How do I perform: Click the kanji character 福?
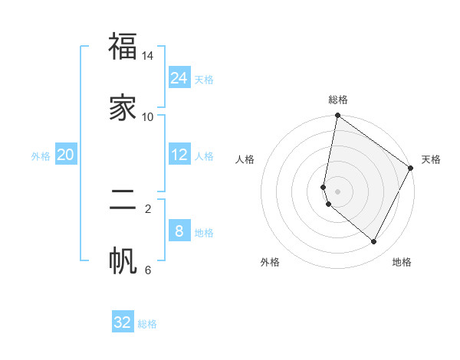pos(123,47)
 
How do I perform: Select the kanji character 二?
pos(123,208)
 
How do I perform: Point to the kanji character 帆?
pos(123,261)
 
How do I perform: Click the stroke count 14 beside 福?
pos(148,57)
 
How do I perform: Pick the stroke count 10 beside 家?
pos(148,116)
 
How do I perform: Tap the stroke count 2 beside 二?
pos(148,208)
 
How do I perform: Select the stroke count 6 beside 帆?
pos(148,270)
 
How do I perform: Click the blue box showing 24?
pos(179,78)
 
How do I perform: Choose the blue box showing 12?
pos(179,155)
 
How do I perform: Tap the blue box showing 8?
pos(179,231)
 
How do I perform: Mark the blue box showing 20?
pos(66,155)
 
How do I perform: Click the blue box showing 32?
pos(123,322)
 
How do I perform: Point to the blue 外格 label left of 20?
pos(41,156)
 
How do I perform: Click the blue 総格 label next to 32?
pos(147,324)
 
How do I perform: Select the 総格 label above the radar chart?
pos(338,100)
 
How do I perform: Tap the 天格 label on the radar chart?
pos(431,159)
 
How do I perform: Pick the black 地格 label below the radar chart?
pos(402,262)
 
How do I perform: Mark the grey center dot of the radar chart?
pos(338,191)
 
